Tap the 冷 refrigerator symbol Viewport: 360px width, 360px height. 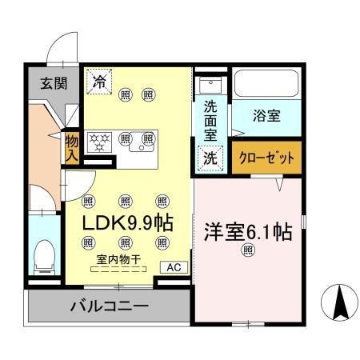tap(100, 81)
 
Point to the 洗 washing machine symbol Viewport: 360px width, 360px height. tap(210, 158)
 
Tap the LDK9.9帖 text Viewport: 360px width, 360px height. tap(127, 220)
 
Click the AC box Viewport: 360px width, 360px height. tap(174, 268)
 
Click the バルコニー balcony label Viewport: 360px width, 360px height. tap(108, 306)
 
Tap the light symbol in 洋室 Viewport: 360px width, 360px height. tap(247, 250)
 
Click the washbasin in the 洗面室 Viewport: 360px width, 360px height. tap(210, 84)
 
